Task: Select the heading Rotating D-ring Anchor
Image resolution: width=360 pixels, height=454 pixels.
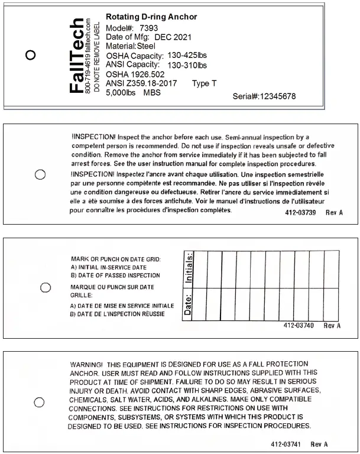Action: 151,17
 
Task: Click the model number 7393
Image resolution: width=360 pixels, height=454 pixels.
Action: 148,28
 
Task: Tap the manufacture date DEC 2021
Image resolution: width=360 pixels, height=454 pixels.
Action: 170,37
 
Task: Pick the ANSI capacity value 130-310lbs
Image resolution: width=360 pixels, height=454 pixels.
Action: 187,64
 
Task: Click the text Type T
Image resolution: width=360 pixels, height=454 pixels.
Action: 205,83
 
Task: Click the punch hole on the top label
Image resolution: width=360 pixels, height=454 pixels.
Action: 31,55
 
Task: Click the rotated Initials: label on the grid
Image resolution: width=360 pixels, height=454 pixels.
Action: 190,268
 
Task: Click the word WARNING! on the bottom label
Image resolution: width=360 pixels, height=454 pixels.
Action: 86,364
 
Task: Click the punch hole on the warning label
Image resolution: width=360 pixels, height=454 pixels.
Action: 40,402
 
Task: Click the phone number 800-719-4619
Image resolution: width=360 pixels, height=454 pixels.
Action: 89,80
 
